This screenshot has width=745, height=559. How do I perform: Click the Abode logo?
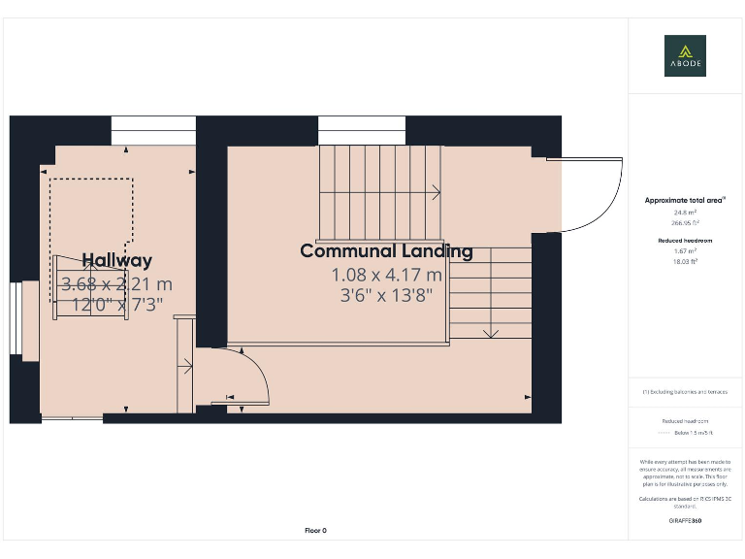(x=685, y=55)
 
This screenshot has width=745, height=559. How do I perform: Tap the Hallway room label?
(x=116, y=260)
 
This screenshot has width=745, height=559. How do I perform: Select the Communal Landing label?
(x=386, y=251)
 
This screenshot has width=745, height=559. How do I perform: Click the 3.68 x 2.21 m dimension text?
(x=116, y=284)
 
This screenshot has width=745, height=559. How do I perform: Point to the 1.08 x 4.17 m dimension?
(x=386, y=275)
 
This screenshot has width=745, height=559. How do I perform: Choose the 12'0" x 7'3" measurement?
(x=116, y=304)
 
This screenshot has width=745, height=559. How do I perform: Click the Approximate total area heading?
(x=685, y=200)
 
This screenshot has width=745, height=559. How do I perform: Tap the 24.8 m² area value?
(x=685, y=212)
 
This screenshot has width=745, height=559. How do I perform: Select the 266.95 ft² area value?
(x=685, y=221)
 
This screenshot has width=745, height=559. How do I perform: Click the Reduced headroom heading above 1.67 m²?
(x=685, y=239)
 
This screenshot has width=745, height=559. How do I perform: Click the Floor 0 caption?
(x=316, y=530)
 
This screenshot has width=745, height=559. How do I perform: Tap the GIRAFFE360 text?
(x=685, y=521)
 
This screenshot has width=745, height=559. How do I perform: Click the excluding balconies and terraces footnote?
(x=685, y=391)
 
